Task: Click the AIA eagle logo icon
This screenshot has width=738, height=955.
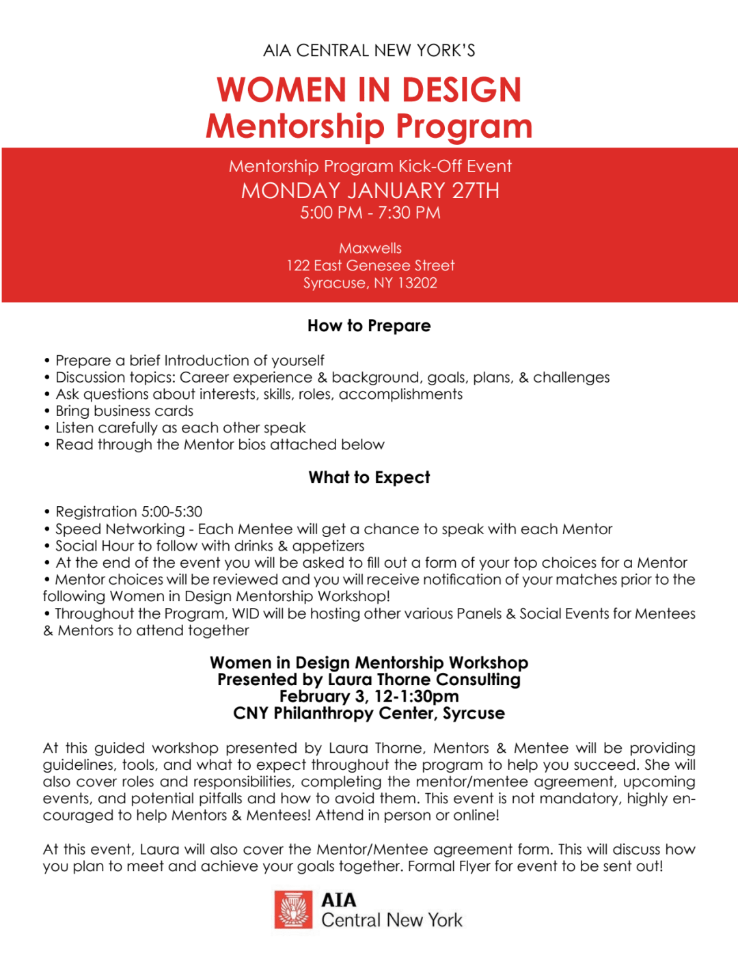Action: pos(293,909)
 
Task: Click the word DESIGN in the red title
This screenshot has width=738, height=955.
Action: pos(461,90)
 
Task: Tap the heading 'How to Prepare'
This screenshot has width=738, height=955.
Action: pos(369,326)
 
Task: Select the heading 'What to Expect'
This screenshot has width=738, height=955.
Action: pos(369,477)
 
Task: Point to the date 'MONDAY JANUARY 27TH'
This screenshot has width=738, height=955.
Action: pos(370,191)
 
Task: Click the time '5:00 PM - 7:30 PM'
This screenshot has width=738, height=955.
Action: pos(370,213)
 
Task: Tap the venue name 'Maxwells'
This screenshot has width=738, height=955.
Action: pos(370,248)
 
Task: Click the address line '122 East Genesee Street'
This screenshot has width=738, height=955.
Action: pos(370,266)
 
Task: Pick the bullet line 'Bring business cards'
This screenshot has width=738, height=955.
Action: pos(124,411)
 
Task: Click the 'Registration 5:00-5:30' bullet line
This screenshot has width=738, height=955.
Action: pos(128,512)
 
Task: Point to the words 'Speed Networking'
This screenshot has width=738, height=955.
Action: pos(120,529)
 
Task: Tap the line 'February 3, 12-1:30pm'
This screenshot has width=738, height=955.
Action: pos(369,697)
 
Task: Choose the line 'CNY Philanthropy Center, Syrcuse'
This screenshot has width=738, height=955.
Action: pos(369,714)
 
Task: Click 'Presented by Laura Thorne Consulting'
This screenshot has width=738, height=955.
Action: pos(369,680)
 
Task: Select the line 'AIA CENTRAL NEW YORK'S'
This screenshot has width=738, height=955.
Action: pos(369,51)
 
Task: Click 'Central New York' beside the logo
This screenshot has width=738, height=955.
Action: pos(392,920)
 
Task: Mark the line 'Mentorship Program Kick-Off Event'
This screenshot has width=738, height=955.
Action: pos(370,167)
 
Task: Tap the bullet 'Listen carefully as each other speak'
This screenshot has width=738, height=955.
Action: pos(180,428)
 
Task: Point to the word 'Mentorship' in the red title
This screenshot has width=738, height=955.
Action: pos(295,127)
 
